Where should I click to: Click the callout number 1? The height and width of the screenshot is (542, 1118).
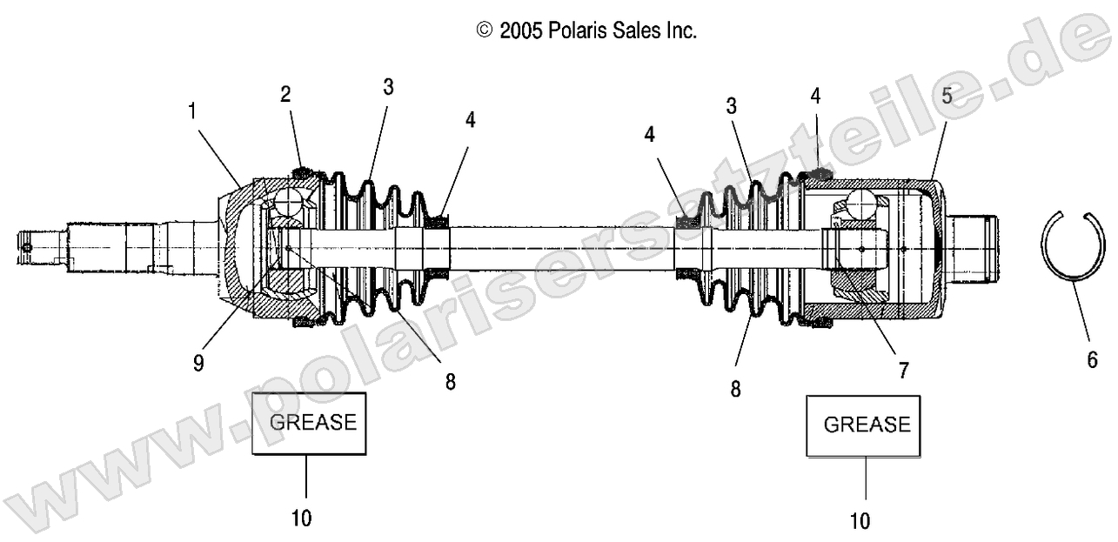(x=192, y=111)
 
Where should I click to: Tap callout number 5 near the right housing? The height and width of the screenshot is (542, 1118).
(x=947, y=97)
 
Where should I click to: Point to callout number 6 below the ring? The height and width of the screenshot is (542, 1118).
(x=1093, y=359)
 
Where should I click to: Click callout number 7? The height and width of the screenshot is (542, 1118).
(x=904, y=371)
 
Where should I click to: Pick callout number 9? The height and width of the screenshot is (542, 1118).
(x=199, y=362)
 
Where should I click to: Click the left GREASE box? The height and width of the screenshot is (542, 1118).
(x=309, y=423)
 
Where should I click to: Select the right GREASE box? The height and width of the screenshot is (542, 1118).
(x=865, y=425)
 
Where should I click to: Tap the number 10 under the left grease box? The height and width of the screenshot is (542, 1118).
(x=301, y=519)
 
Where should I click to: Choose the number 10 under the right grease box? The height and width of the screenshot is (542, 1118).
(x=860, y=521)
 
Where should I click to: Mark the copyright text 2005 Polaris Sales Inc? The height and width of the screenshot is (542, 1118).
(x=586, y=31)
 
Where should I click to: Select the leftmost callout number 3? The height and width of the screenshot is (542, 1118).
(x=388, y=87)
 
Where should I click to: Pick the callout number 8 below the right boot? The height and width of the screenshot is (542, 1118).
(x=736, y=389)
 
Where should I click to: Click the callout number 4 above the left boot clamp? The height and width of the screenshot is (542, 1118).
(x=470, y=120)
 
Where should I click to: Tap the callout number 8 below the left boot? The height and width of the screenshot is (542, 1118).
(x=450, y=381)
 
